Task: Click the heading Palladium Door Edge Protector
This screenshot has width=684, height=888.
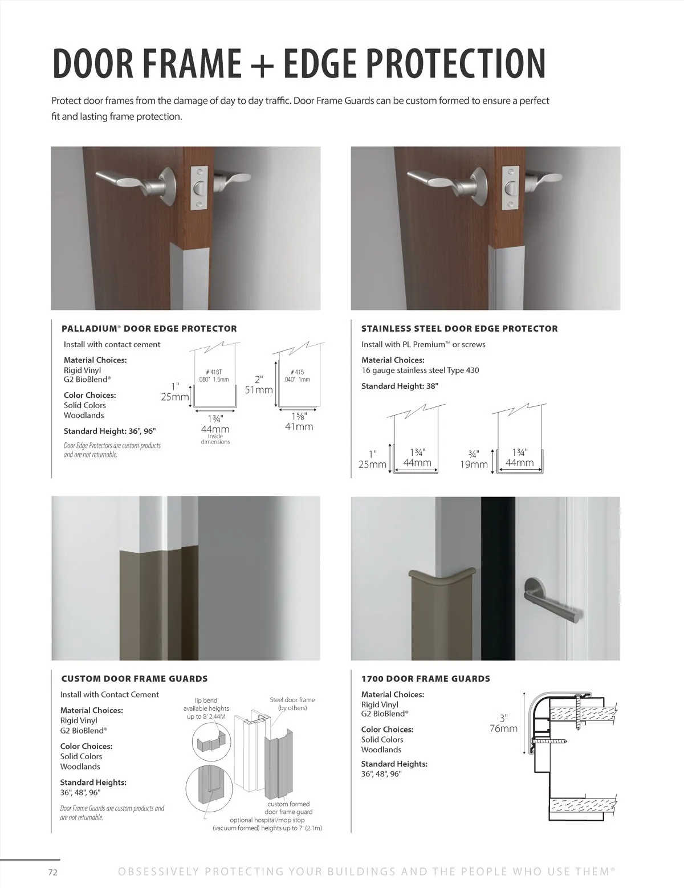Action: [149, 329]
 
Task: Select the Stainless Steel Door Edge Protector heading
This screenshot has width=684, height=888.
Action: [459, 329]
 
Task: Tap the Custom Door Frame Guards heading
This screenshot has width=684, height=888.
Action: [134, 679]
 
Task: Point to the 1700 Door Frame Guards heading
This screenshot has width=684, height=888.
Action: [425, 679]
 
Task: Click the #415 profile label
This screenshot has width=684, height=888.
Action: [296, 372]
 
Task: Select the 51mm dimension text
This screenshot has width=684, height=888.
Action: [259, 390]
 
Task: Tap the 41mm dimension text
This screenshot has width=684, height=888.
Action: [299, 427]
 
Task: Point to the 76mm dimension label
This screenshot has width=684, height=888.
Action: [503, 728]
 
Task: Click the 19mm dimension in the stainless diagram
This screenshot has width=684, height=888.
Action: [474, 465]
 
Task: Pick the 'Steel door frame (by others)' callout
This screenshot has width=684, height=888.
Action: [292, 704]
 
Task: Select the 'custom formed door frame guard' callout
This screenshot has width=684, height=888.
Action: [289, 808]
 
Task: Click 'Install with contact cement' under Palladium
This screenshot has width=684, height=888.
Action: [112, 344]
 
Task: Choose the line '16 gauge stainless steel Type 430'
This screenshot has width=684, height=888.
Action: [420, 370]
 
